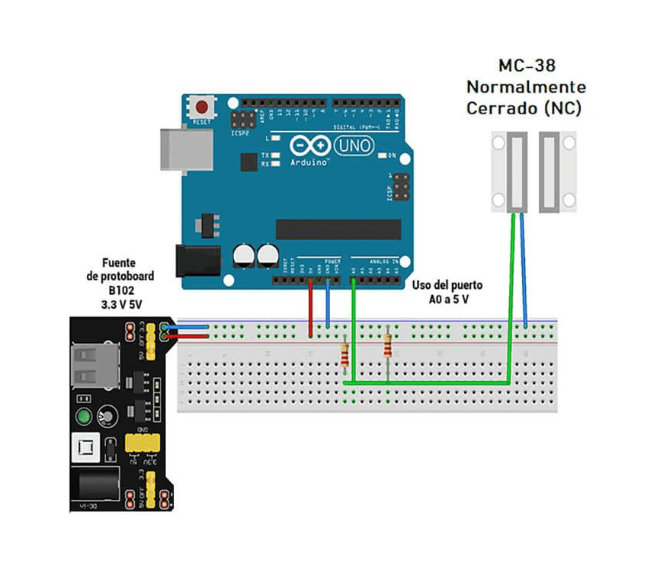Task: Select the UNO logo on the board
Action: point(354,145)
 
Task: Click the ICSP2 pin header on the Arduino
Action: point(243,120)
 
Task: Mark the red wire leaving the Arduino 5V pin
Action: point(311,309)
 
